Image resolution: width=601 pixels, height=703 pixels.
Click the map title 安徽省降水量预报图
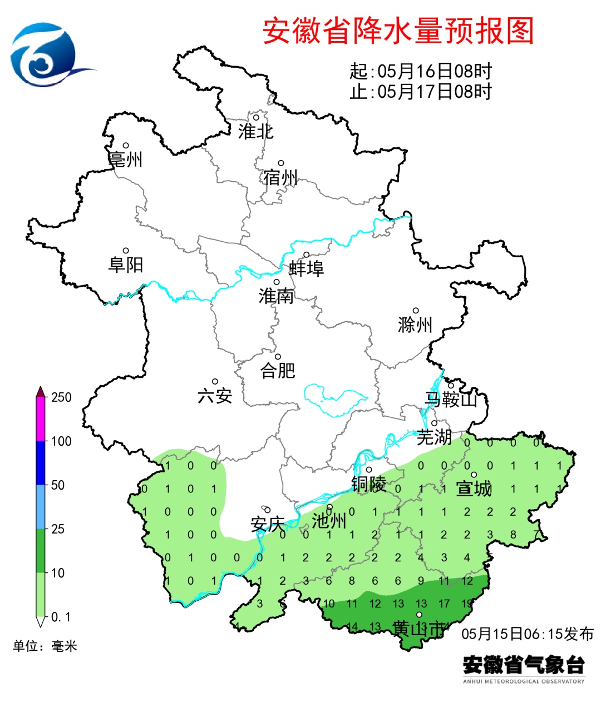(398, 31)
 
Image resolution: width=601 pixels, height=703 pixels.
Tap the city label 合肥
(278, 370)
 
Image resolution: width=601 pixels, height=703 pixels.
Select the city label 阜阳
(126, 265)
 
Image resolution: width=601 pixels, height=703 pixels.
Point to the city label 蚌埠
(306, 269)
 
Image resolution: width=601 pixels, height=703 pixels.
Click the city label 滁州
(415, 325)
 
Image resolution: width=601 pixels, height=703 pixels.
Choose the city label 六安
(215, 396)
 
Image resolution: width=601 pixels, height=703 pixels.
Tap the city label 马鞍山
(451, 399)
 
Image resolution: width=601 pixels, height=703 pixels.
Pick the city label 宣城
(474, 488)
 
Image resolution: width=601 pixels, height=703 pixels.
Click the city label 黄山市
(419, 629)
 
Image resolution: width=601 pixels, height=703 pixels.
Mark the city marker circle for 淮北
(257, 117)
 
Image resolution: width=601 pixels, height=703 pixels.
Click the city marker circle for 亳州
(126, 146)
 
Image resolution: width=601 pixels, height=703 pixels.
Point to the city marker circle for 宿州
(281, 163)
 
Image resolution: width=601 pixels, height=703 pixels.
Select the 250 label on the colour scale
(61, 397)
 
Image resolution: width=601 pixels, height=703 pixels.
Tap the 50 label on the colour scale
(58, 485)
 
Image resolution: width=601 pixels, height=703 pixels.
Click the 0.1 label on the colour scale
(61, 617)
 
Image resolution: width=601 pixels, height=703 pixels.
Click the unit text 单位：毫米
(45, 646)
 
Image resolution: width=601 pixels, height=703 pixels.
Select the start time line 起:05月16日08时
(421, 71)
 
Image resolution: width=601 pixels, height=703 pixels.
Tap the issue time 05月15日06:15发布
(528, 634)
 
